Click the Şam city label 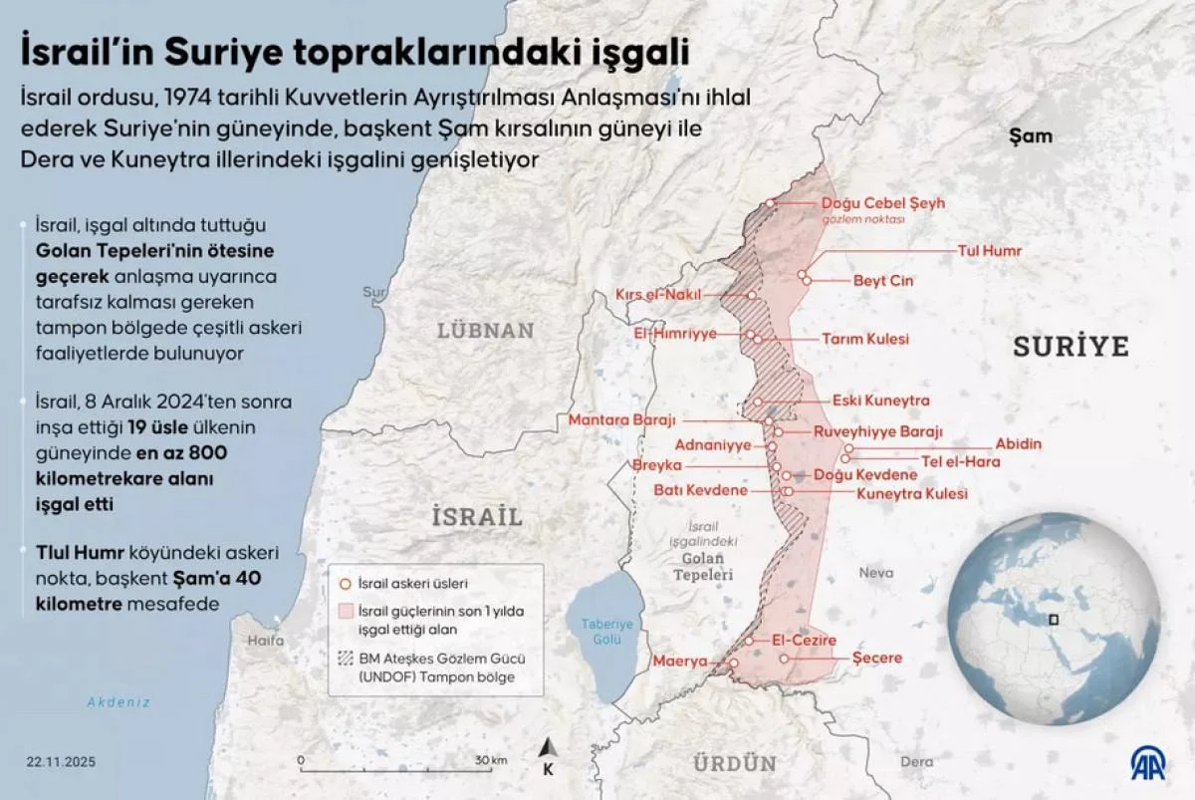click(1030, 135)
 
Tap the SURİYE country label click(1071, 347)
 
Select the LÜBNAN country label click(485, 331)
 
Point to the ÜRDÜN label click(733, 764)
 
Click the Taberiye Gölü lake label click(606, 631)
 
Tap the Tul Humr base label click(989, 251)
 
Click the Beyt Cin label click(882, 281)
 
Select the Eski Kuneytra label click(880, 400)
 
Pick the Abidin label click(1018, 444)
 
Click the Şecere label click(877, 658)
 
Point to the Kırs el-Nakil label click(658, 295)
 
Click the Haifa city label click(265, 641)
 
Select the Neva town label click(876, 573)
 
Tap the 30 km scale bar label click(491, 760)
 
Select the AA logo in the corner click(1150, 763)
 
